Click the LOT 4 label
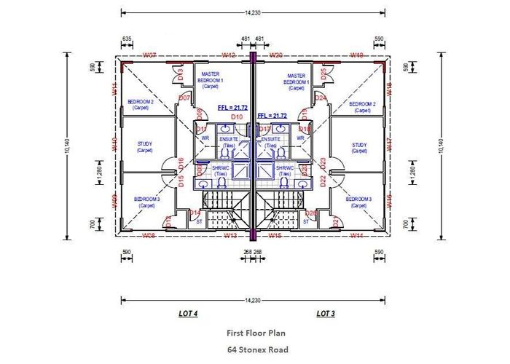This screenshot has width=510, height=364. pyautogui.click(x=188, y=314)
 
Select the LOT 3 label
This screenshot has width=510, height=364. pyautogui.click(x=324, y=314)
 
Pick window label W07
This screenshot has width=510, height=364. pyautogui.click(x=149, y=55)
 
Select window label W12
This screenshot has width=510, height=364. pyautogui.click(x=228, y=55)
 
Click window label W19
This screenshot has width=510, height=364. pyautogui.click(x=357, y=55)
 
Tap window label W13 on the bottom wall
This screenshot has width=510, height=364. pyautogui.click(x=231, y=235)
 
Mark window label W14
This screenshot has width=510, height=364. pyautogui.click(x=356, y=235)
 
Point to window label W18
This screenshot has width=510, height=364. pyautogui.click(x=389, y=87)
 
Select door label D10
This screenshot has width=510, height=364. pyautogui.click(x=236, y=116)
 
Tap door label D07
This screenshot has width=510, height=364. pyautogui.click(x=184, y=98)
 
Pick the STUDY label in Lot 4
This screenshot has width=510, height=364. pyautogui.click(x=145, y=146)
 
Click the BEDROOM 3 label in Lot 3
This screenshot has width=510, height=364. pyautogui.click(x=358, y=200)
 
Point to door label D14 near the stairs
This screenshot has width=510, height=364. pyautogui.click(x=195, y=213)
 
